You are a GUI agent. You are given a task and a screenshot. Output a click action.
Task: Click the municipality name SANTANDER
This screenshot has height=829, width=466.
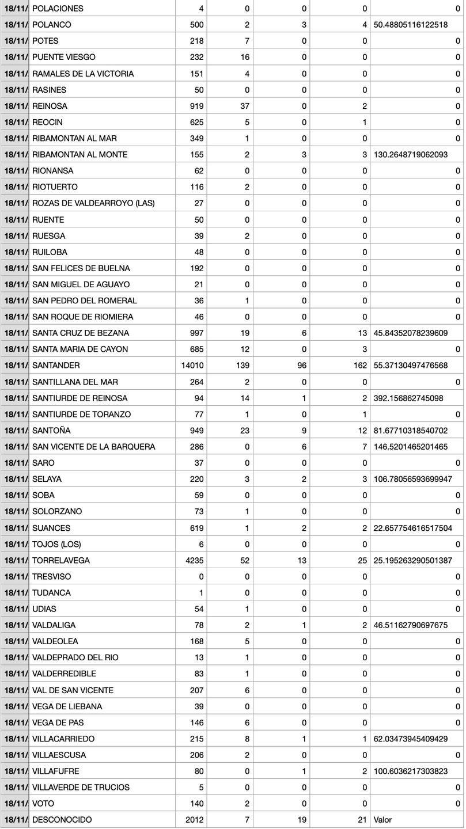[x=56, y=366]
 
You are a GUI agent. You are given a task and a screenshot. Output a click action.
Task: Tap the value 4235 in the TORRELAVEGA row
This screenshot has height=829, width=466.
[x=194, y=560]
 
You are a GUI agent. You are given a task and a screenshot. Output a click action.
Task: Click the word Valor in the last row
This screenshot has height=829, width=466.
[x=382, y=820]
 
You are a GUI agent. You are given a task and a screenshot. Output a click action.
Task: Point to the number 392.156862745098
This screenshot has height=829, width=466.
[x=408, y=398]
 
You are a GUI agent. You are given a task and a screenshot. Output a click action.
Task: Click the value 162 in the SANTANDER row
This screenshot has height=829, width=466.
[x=361, y=366]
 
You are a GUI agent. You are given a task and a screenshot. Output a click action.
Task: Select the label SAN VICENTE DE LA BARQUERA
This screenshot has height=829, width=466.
[x=93, y=447]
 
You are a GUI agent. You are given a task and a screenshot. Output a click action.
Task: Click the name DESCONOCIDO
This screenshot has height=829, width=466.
[x=62, y=820]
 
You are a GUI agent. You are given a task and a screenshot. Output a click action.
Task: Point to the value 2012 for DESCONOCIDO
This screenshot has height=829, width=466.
[x=194, y=820]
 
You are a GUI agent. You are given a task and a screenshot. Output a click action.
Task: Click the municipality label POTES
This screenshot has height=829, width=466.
[x=45, y=41]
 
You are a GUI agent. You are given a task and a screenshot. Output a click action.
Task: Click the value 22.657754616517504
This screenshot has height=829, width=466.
[x=412, y=528]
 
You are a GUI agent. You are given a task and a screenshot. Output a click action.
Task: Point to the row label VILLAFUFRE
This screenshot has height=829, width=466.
[x=55, y=771]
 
